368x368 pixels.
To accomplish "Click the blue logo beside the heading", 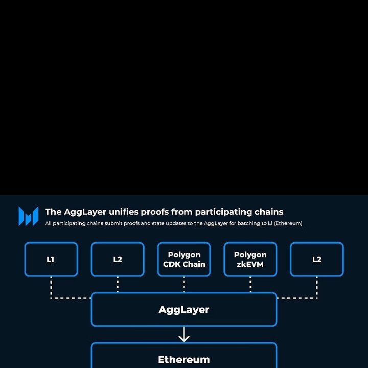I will tap(28, 216).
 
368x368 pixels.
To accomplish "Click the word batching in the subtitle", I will tap(246, 223).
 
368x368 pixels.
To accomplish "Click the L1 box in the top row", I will tap(51, 260).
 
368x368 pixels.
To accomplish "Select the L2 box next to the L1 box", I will tap(118, 260).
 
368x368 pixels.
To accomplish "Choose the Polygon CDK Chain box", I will tap(184, 260).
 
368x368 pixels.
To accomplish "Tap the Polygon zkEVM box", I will tap(250, 260).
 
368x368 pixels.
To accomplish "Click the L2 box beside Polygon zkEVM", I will tap(317, 260).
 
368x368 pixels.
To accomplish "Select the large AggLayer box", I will tap(184, 310).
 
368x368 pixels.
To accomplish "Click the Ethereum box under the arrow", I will tap(184, 358).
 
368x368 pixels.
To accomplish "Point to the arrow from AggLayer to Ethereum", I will tap(184, 334).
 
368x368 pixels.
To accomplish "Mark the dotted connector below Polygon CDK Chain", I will tap(184, 284).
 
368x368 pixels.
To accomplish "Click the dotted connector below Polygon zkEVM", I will tap(250, 284).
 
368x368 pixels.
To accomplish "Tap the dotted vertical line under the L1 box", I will tap(51, 286).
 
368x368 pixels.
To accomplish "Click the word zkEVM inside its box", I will tap(250, 264).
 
